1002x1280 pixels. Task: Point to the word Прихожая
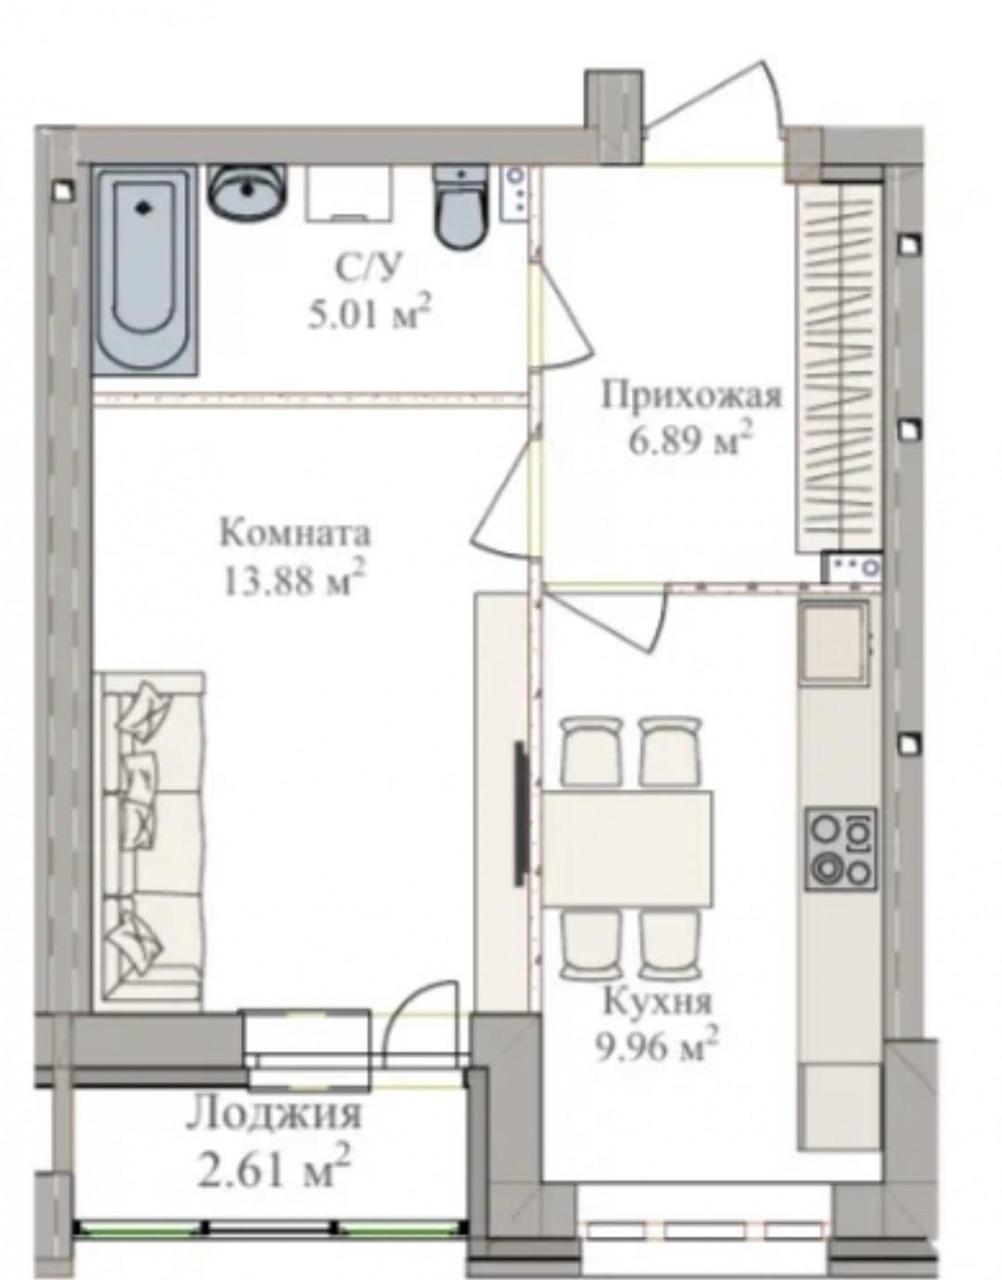coord(691,396)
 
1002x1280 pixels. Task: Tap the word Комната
coord(294,534)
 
